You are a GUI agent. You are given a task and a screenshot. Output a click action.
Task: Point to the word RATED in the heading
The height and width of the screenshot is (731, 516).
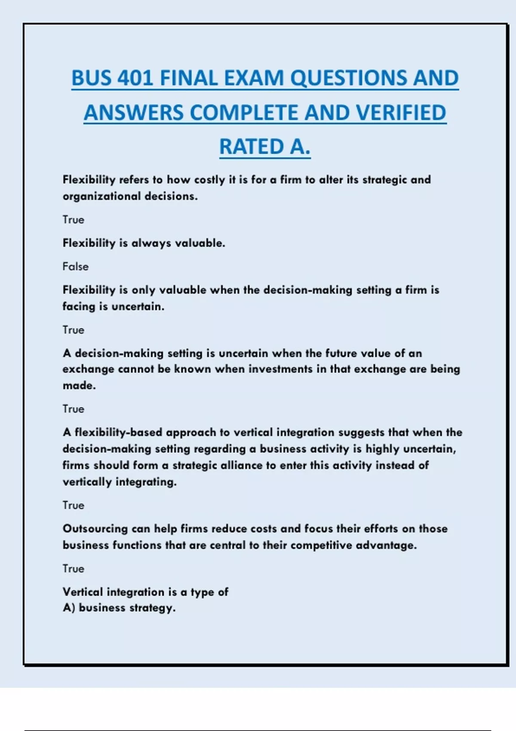coord(251,147)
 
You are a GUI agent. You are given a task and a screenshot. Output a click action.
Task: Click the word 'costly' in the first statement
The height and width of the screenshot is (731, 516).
coord(209,180)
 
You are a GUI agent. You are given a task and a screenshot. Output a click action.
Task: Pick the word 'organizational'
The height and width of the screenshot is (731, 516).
coord(101,197)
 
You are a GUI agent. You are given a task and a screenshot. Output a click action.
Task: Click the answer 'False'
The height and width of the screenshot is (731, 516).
coord(75,267)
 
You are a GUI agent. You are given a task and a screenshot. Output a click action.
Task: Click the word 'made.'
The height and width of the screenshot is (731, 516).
coord(79,386)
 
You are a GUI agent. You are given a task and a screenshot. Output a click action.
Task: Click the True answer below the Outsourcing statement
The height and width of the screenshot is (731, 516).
coord(73,568)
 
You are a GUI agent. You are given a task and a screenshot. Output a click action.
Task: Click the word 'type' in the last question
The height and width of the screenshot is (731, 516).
coord(202,593)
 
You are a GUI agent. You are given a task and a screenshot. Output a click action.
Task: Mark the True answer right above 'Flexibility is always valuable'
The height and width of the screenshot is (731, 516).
coord(73,220)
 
